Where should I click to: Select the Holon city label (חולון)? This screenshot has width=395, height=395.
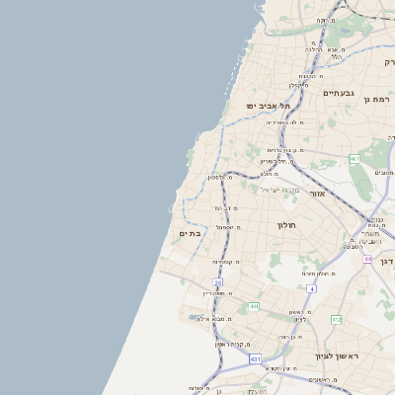point(286,225)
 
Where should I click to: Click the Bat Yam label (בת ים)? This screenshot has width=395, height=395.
point(190,234)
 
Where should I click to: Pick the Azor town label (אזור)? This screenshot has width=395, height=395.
point(317,194)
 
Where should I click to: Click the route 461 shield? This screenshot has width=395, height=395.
point(354,158)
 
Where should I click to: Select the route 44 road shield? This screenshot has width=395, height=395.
point(366,259)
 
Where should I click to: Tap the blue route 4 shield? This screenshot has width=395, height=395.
point(310,288)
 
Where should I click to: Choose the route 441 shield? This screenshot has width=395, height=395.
point(254,307)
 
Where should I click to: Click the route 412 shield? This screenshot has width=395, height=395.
point(337,319)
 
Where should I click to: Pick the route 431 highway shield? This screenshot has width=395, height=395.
point(255,359)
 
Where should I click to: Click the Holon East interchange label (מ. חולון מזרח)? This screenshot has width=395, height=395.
point(322,273)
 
